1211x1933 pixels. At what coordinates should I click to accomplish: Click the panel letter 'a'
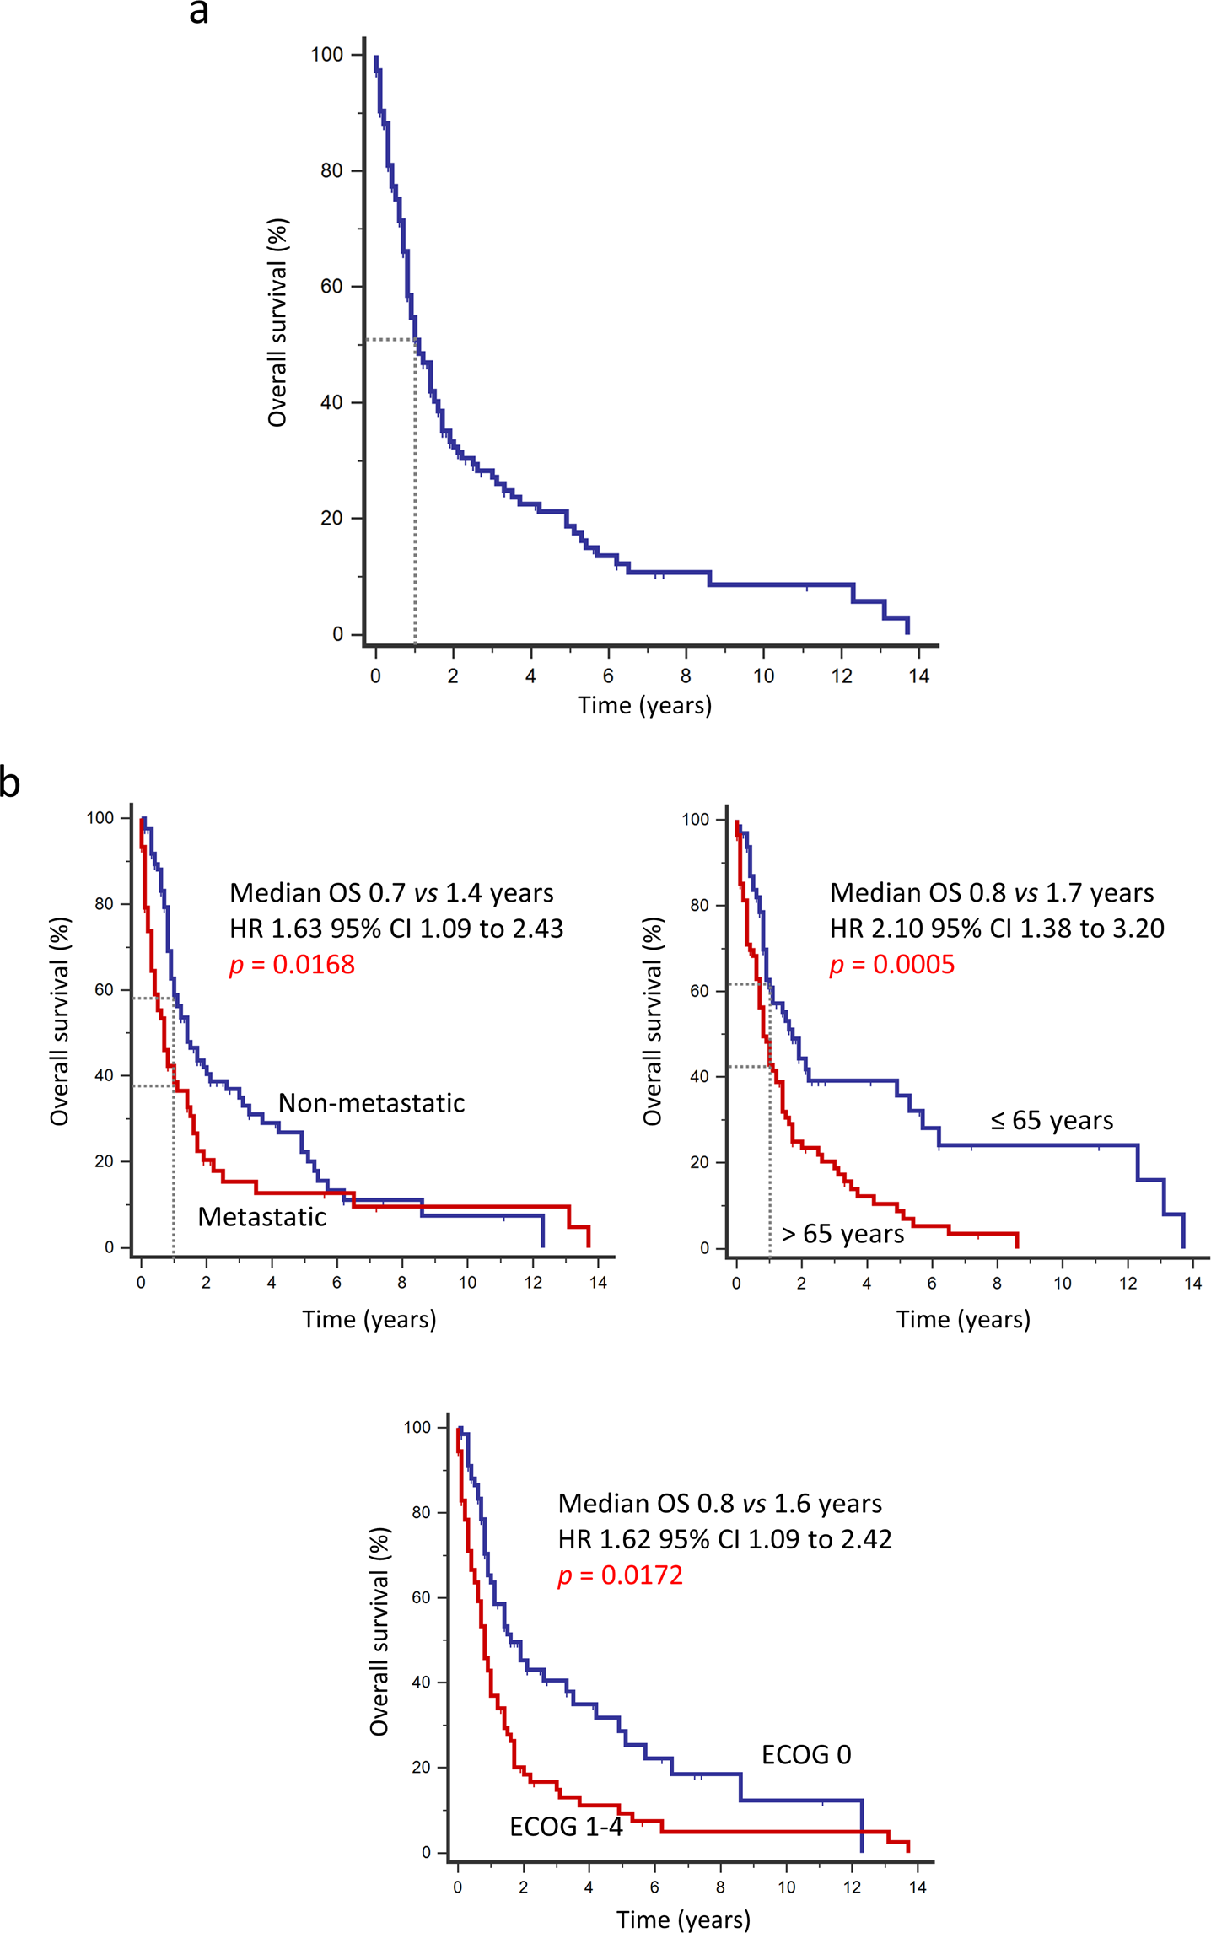point(199,13)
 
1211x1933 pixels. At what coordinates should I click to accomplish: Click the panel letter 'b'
point(9,783)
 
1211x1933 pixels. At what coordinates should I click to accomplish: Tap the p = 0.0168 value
point(292,965)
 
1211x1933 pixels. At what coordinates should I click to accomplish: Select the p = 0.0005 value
point(892,965)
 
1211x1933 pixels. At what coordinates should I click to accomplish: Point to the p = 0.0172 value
point(620,1575)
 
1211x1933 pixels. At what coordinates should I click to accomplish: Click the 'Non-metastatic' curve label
point(371,1103)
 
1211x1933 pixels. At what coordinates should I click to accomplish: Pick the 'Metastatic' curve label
point(261,1217)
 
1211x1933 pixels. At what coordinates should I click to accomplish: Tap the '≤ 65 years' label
point(1052,1120)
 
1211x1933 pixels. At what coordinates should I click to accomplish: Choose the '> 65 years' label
point(842,1234)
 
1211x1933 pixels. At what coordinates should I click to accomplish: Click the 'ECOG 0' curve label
point(806,1755)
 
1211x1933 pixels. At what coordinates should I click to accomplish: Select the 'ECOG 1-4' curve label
point(566,1827)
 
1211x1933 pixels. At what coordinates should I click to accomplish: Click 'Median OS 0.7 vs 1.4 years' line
point(391,892)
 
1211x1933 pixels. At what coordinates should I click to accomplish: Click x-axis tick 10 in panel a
point(763,676)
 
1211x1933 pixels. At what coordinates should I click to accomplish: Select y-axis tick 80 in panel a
point(331,170)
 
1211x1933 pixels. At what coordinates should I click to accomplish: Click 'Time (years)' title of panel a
point(644,705)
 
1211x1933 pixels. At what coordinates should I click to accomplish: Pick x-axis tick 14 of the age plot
point(1192,1283)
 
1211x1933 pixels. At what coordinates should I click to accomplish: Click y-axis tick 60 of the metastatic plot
point(104,989)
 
